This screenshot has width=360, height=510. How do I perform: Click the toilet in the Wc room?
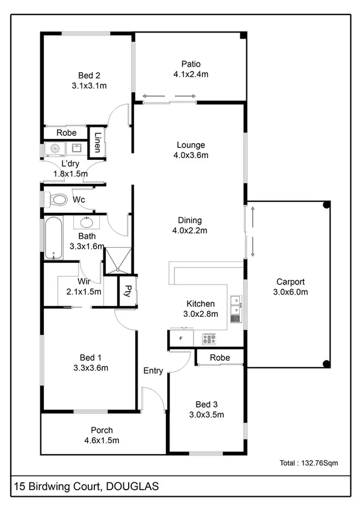pyautogui.click(x=57, y=199)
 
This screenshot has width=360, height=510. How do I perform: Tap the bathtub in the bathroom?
pyautogui.click(x=53, y=238)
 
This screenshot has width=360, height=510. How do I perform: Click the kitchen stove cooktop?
pyautogui.click(x=209, y=339)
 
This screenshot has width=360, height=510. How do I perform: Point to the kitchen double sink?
pyautogui.click(x=236, y=306)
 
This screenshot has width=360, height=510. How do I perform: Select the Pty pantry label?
pyautogui.click(x=127, y=291)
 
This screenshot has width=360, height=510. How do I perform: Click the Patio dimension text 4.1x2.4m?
pyautogui.click(x=191, y=75)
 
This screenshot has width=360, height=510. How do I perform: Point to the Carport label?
pyautogui.click(x=290, y=281)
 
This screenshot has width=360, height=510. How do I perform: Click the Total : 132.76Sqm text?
pyautogui.click(x=309, y=463)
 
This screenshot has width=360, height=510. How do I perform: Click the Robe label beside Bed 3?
pyautogui.click(x=219, y=358)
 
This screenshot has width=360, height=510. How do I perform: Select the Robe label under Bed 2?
pyautogui.click(x=66, y=133)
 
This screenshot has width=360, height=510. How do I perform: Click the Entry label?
pyautogui.click(x=153, y=371)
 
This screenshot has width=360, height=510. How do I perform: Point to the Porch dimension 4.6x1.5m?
pyautogui.click(x=102, y=440)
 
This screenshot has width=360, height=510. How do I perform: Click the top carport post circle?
pyautogui.click(x=326, y=205)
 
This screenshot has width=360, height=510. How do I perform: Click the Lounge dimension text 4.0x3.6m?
pyautogui.click(x=191, y=155)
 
